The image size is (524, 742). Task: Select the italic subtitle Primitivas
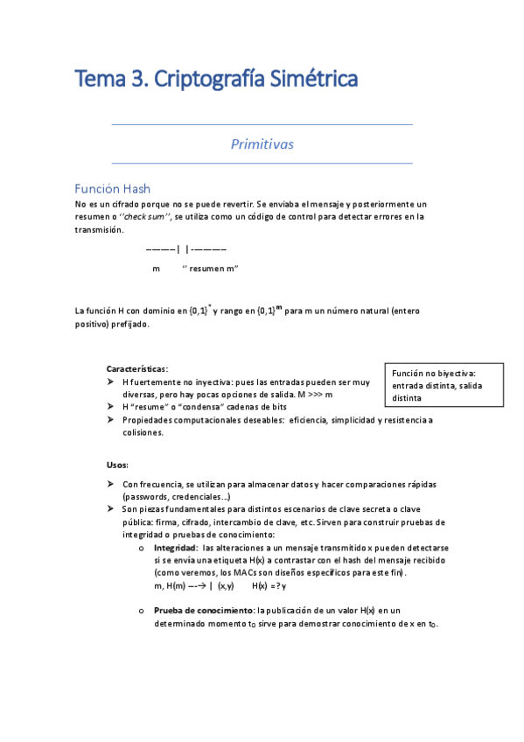coord(262,143)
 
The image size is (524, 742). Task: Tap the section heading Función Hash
coord(112,189)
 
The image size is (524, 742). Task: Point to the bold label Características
coord(136,368)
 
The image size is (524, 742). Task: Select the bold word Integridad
coord(176,547)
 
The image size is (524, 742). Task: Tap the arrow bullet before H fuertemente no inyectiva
coord(110,382)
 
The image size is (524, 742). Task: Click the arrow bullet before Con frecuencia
coord(110,484)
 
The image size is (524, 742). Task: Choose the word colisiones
coord(143,432)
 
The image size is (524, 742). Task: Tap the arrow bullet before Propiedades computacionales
coord(110,420)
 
